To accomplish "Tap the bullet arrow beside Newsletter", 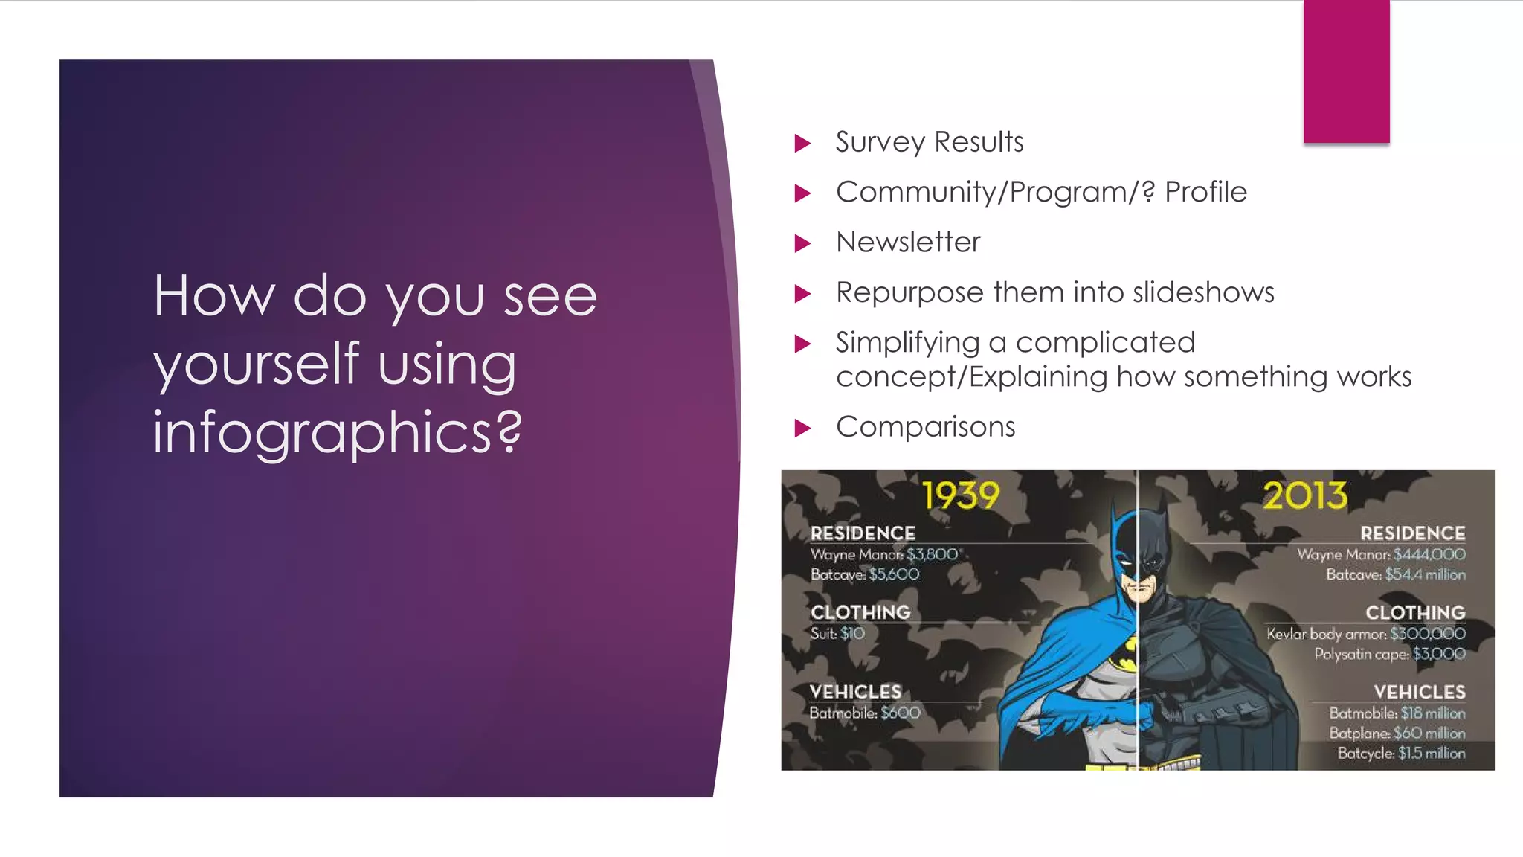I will [802, 243].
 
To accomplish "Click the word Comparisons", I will [925, 427].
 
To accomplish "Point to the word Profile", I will [1205, 192].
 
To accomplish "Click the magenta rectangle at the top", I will [1346, 71].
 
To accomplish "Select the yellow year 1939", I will [961, 495].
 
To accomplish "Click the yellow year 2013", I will [1305, 495].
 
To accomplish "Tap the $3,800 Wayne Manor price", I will [932, 554].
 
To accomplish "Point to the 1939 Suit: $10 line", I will [837, 634].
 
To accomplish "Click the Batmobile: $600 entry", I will [865, 713].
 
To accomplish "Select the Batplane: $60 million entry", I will [1397, 733].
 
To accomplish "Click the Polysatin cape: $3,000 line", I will [1389, 654].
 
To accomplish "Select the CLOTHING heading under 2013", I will [1414, 612].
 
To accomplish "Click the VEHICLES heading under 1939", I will [855, 692].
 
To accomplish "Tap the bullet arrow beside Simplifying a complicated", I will [802, 344].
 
